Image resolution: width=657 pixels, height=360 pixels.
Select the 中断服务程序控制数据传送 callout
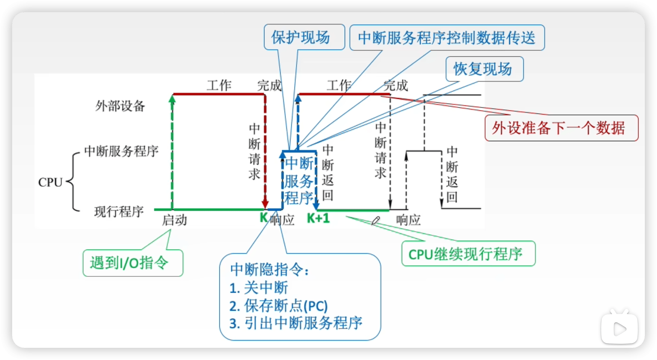(x=447, y=38)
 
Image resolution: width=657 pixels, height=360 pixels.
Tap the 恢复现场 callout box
(x=484, y=69)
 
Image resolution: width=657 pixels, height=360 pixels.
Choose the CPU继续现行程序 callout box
(x=468, y=254)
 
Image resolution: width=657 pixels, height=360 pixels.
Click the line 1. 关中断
(x=259, y=288)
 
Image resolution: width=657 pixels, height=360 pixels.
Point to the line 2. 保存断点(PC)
(x=278, y=306)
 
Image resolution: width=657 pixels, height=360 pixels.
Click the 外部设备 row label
(x=120, y=106)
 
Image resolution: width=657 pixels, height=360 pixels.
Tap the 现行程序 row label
(x=119, y=212)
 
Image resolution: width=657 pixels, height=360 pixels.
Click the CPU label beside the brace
(x=50, y=182)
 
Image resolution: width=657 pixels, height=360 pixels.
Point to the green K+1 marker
(x=318, y=218)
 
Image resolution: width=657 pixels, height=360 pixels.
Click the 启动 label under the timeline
(x=174, y=220)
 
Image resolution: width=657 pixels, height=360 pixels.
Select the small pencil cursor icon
(x=375, y=221)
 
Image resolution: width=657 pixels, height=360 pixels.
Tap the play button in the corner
(x=619, y=329)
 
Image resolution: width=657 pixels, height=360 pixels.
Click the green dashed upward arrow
(x=172, y=152)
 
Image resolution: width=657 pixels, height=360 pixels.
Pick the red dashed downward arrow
(x=265, y=152)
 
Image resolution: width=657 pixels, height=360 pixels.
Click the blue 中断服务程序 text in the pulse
(x=299, y=181)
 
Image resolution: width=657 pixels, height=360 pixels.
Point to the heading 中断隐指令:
(x=269, y=269)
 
